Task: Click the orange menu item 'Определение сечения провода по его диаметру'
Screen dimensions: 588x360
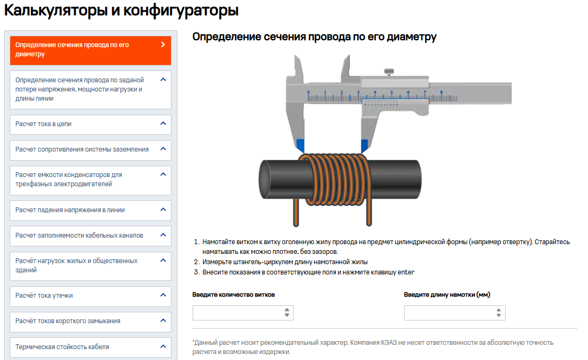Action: click(90, 50)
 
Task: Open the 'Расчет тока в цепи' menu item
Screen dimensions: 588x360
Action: click(90, 125)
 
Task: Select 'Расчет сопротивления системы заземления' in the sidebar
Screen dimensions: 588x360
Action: click(90, 150)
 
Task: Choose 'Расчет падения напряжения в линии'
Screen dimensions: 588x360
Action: click(90, 210)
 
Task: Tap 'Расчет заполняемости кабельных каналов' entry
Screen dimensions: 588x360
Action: click(90, 235)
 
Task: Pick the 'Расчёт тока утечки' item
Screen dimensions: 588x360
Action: click(90, 296)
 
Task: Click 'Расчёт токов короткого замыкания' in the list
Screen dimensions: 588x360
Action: click(90, 322)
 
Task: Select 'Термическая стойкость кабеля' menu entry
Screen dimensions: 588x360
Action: click(90, 347)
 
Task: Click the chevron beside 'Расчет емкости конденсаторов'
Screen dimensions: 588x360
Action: click(163, 174)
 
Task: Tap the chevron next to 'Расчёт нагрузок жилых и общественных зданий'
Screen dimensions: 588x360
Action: click(163, 260)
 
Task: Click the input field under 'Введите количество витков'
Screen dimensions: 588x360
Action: click(243, 313)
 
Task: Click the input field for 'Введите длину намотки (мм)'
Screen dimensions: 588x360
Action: click(454, 313)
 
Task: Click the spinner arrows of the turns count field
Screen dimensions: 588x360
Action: click(287, 312)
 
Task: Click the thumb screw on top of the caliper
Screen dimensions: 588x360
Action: click(389, 71)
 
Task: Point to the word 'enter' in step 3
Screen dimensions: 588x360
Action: click(406, 272)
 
